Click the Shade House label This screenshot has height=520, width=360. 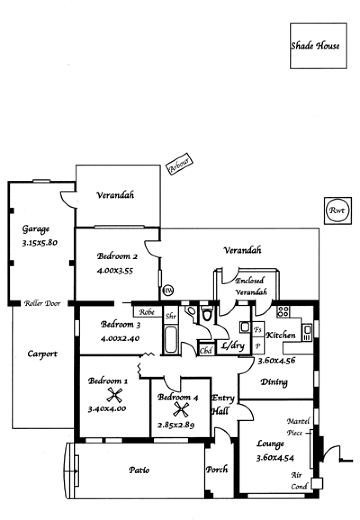pos(315,46)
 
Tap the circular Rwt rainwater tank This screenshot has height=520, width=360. pos(337,211)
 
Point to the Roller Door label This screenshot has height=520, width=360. pos(43,303)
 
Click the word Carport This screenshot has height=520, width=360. pos(42,354)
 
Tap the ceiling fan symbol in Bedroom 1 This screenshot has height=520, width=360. pos(115,395)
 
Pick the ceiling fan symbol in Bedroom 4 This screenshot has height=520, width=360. pos(181,410)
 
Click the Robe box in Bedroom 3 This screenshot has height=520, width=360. pos(147,312)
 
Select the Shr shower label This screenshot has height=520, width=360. pos(171,316)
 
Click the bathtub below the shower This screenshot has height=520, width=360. pos(171,340)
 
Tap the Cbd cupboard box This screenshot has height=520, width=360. pos(206,350)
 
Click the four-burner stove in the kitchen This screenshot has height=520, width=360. pos(283,312)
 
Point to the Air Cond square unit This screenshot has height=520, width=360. pos(317,483)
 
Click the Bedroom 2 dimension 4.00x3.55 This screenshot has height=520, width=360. pos(115,271)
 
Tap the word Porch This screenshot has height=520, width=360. pos(216,470)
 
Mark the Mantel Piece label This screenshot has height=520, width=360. pos(297,427)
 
